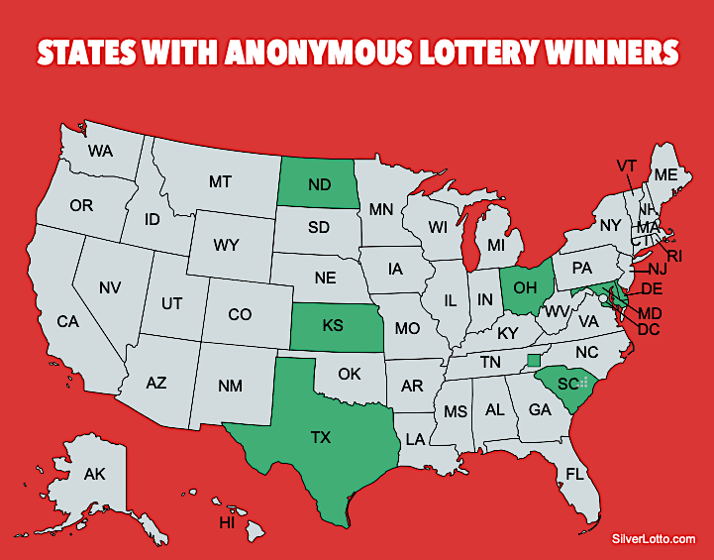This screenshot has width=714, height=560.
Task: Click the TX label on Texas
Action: tap(321, 435)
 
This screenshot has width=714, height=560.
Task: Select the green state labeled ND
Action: tap(318, 184)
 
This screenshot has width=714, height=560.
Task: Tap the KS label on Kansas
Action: tap(333, 325)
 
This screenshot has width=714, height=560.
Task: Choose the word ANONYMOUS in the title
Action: tap(290, 52)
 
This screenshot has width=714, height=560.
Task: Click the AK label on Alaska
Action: tap(95, 475)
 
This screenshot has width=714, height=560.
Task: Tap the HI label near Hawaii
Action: tap(227, 522)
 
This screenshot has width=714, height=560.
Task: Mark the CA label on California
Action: tap(67, 321)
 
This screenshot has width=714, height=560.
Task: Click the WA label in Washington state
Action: tap(101, 152)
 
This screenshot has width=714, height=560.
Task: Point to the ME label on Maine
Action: tap(665, 174)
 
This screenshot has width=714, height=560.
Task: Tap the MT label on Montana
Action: tap(220, 182)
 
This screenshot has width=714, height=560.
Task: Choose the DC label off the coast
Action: tap(649, 329)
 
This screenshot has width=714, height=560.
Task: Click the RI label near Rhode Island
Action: tap(674, 256)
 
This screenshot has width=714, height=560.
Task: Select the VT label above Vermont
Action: tap(626, 166)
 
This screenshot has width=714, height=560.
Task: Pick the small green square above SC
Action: tap(534, 360)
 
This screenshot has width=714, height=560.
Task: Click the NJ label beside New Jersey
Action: tap(658, 269)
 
